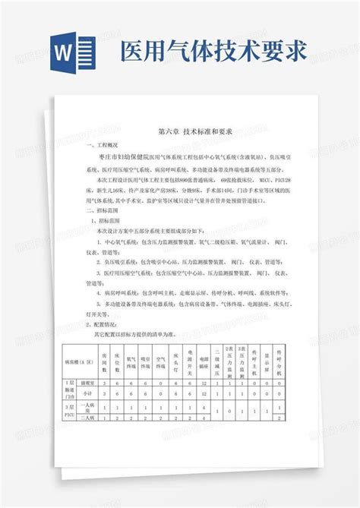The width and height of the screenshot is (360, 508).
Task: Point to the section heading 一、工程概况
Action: point(102,144)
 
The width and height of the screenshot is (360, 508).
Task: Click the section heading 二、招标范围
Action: point(102,204)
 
